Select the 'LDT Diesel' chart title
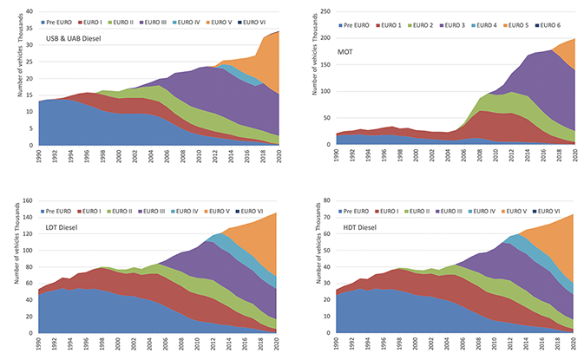click(69, 228)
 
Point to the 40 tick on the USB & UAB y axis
click(29, 10)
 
